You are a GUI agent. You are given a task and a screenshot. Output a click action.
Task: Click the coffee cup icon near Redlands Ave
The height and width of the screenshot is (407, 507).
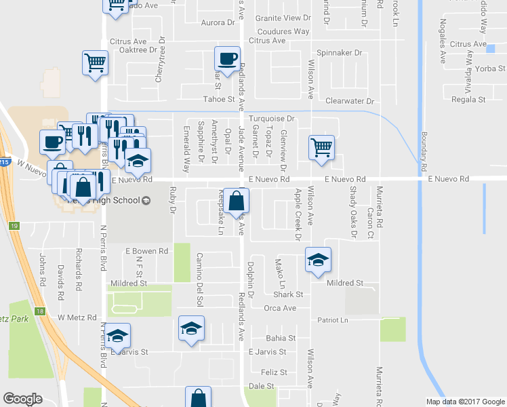click(x=227, y=58)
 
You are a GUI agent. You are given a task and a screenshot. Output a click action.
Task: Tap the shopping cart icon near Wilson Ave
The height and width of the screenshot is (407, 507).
click(x=321, y=147)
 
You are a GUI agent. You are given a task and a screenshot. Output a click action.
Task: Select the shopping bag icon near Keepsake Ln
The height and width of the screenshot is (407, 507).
click(x=236, y=200)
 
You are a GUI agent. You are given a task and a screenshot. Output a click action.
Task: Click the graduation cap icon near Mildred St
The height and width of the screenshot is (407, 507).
click(x=317, y=260)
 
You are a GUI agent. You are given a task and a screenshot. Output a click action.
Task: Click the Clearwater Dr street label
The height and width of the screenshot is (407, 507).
click(x=350, y=100)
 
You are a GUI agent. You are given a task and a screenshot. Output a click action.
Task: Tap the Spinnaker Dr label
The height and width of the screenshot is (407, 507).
click(x=340, y=52)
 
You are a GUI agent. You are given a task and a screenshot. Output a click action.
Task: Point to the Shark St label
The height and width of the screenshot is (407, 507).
click(x=287, y=294)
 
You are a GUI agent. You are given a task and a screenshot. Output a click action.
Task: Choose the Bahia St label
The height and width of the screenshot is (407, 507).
click(x=281, y=338)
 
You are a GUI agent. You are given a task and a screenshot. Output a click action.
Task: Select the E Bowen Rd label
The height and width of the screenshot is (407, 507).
click(x=146, y=251)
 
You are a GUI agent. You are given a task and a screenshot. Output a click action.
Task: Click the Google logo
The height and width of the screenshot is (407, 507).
click(x=22, y=399)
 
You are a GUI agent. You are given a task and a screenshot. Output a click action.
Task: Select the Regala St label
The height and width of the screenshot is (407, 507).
click(x=471, y=99)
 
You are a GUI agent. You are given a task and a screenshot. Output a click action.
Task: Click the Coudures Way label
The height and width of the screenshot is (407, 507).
click(x=283, y=31)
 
